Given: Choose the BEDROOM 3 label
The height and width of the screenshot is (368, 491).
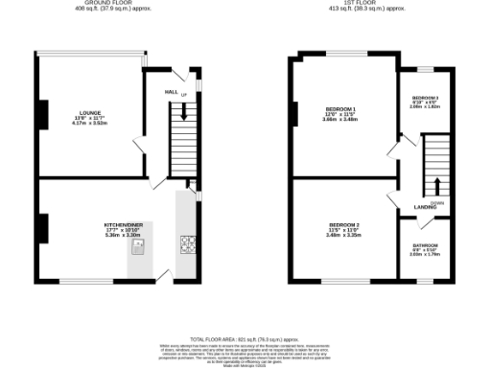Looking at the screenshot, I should [425, 98].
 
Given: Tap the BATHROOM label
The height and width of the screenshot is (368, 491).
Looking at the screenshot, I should [425, 245].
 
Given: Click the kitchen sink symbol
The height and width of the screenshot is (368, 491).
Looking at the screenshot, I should [138, 248].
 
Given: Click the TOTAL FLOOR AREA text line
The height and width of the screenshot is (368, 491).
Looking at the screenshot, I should [245, 340].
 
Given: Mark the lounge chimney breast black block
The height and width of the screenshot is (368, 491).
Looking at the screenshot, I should [42, 113].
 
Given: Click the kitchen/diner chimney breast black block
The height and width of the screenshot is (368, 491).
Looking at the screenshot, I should [42, 228].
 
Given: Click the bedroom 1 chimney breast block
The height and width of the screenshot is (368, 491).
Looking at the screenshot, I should [294, 114].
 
